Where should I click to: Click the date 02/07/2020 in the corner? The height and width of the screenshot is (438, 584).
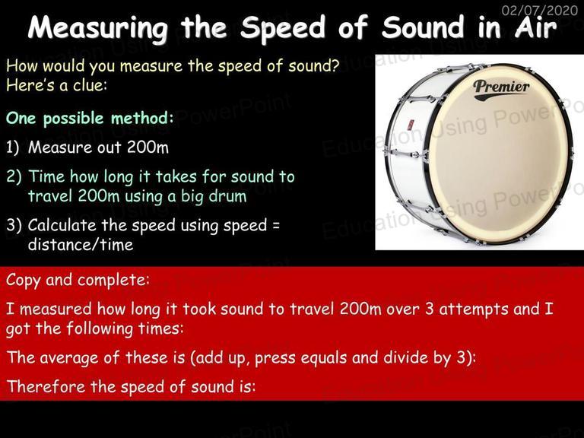pos(540,10)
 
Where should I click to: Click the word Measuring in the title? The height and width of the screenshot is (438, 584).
pos(97,28)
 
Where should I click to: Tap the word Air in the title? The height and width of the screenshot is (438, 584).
pos(535,27)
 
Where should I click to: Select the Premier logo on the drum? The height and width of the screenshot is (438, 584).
pos(501,89)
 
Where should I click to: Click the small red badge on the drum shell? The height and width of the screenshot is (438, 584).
pos(410,125)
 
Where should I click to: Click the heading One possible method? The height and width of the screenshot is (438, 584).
pos(90,119)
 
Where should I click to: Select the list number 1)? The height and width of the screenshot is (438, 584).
pos(12,148)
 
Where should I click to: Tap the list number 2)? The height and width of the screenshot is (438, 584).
pos(14,176)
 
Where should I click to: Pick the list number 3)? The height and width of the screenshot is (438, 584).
pos(14,225)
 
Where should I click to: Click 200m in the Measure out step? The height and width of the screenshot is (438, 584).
pos(148,147)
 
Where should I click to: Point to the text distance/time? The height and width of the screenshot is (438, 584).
pos(81,245)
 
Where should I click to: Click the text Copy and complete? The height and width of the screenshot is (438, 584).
pos(78,280)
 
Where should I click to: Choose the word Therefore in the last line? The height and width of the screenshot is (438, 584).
pos(46,386)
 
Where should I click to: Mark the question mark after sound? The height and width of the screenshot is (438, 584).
pos(334,65)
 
